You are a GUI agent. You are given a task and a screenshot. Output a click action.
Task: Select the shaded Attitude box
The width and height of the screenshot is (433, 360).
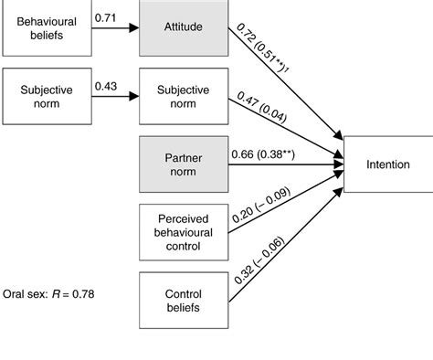tap(184, 27)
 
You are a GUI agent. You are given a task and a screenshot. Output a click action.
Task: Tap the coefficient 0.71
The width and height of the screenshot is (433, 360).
tap(107, 16)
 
